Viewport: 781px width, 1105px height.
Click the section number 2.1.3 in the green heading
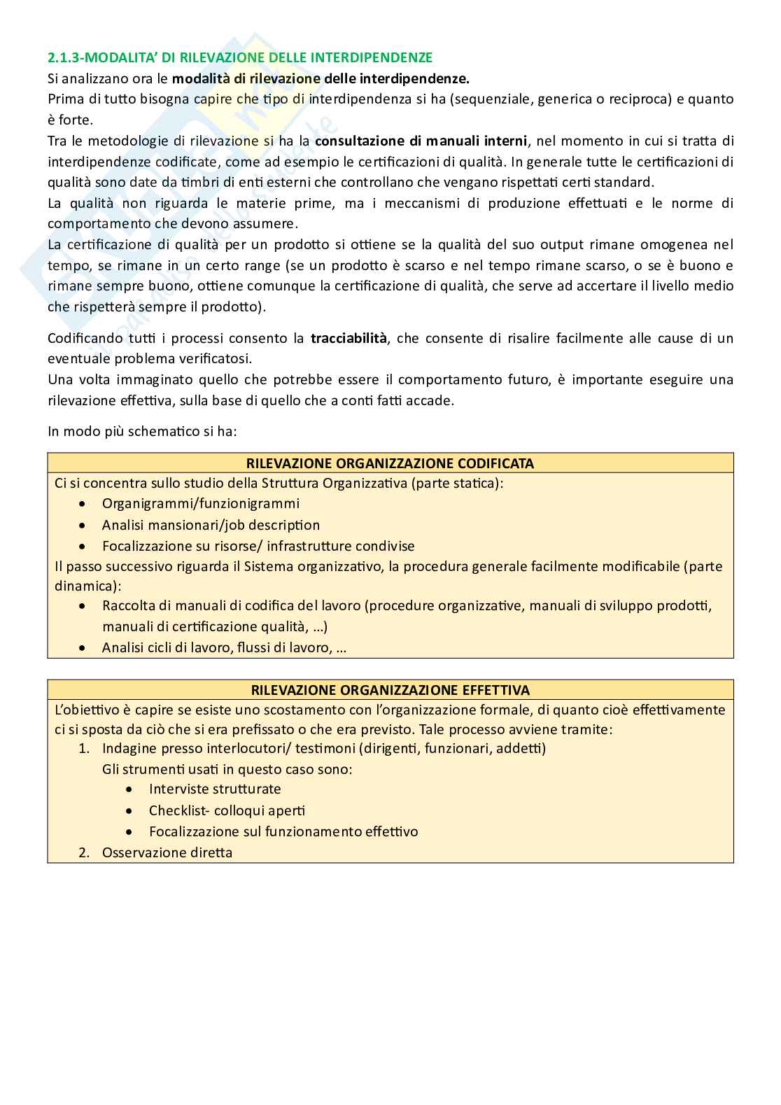(64, 57)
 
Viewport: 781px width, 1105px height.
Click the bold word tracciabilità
(349, 338)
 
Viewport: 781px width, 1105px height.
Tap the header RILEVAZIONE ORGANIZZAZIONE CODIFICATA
(390, 463)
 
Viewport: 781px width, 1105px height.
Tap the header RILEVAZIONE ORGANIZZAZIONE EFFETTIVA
(390, 690)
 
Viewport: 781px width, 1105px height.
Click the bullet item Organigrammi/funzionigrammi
(200, 503)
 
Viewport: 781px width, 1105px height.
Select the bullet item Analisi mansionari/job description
(211, 525)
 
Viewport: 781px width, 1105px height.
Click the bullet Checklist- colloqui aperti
(227, 810)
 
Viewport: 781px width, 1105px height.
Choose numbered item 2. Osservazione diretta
(167, 852)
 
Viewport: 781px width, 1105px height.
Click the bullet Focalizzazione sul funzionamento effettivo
(283, 831)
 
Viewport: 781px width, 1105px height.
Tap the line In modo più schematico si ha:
(142, 431)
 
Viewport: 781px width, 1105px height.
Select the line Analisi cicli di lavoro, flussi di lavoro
(224, 647)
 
